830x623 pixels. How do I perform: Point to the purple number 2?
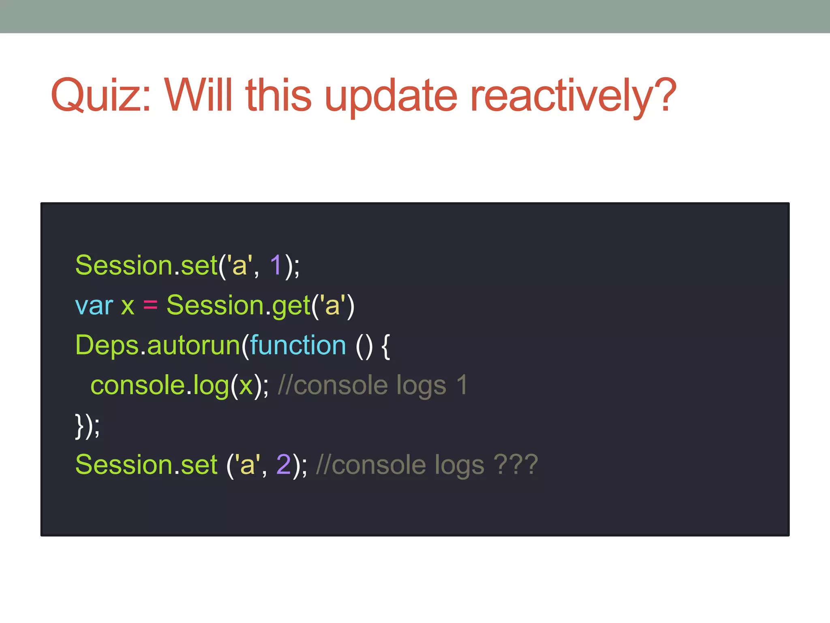tap(283, 465)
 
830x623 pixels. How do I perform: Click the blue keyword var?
tap(94, 306)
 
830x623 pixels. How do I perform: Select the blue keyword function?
tap(298, 346)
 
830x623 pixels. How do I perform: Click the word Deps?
tap(107, 346)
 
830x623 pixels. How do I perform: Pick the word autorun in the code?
tap(194, 346)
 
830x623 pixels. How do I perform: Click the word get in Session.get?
tap(291, 306)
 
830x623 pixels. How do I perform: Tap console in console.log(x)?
tap(137, 386)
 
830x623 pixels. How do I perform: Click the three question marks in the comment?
tap(516, 465)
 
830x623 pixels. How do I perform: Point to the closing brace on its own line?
tap(79, 426)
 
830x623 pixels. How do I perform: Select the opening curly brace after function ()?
tap(386, 346)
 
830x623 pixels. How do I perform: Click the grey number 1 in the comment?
tap(462, 386)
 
